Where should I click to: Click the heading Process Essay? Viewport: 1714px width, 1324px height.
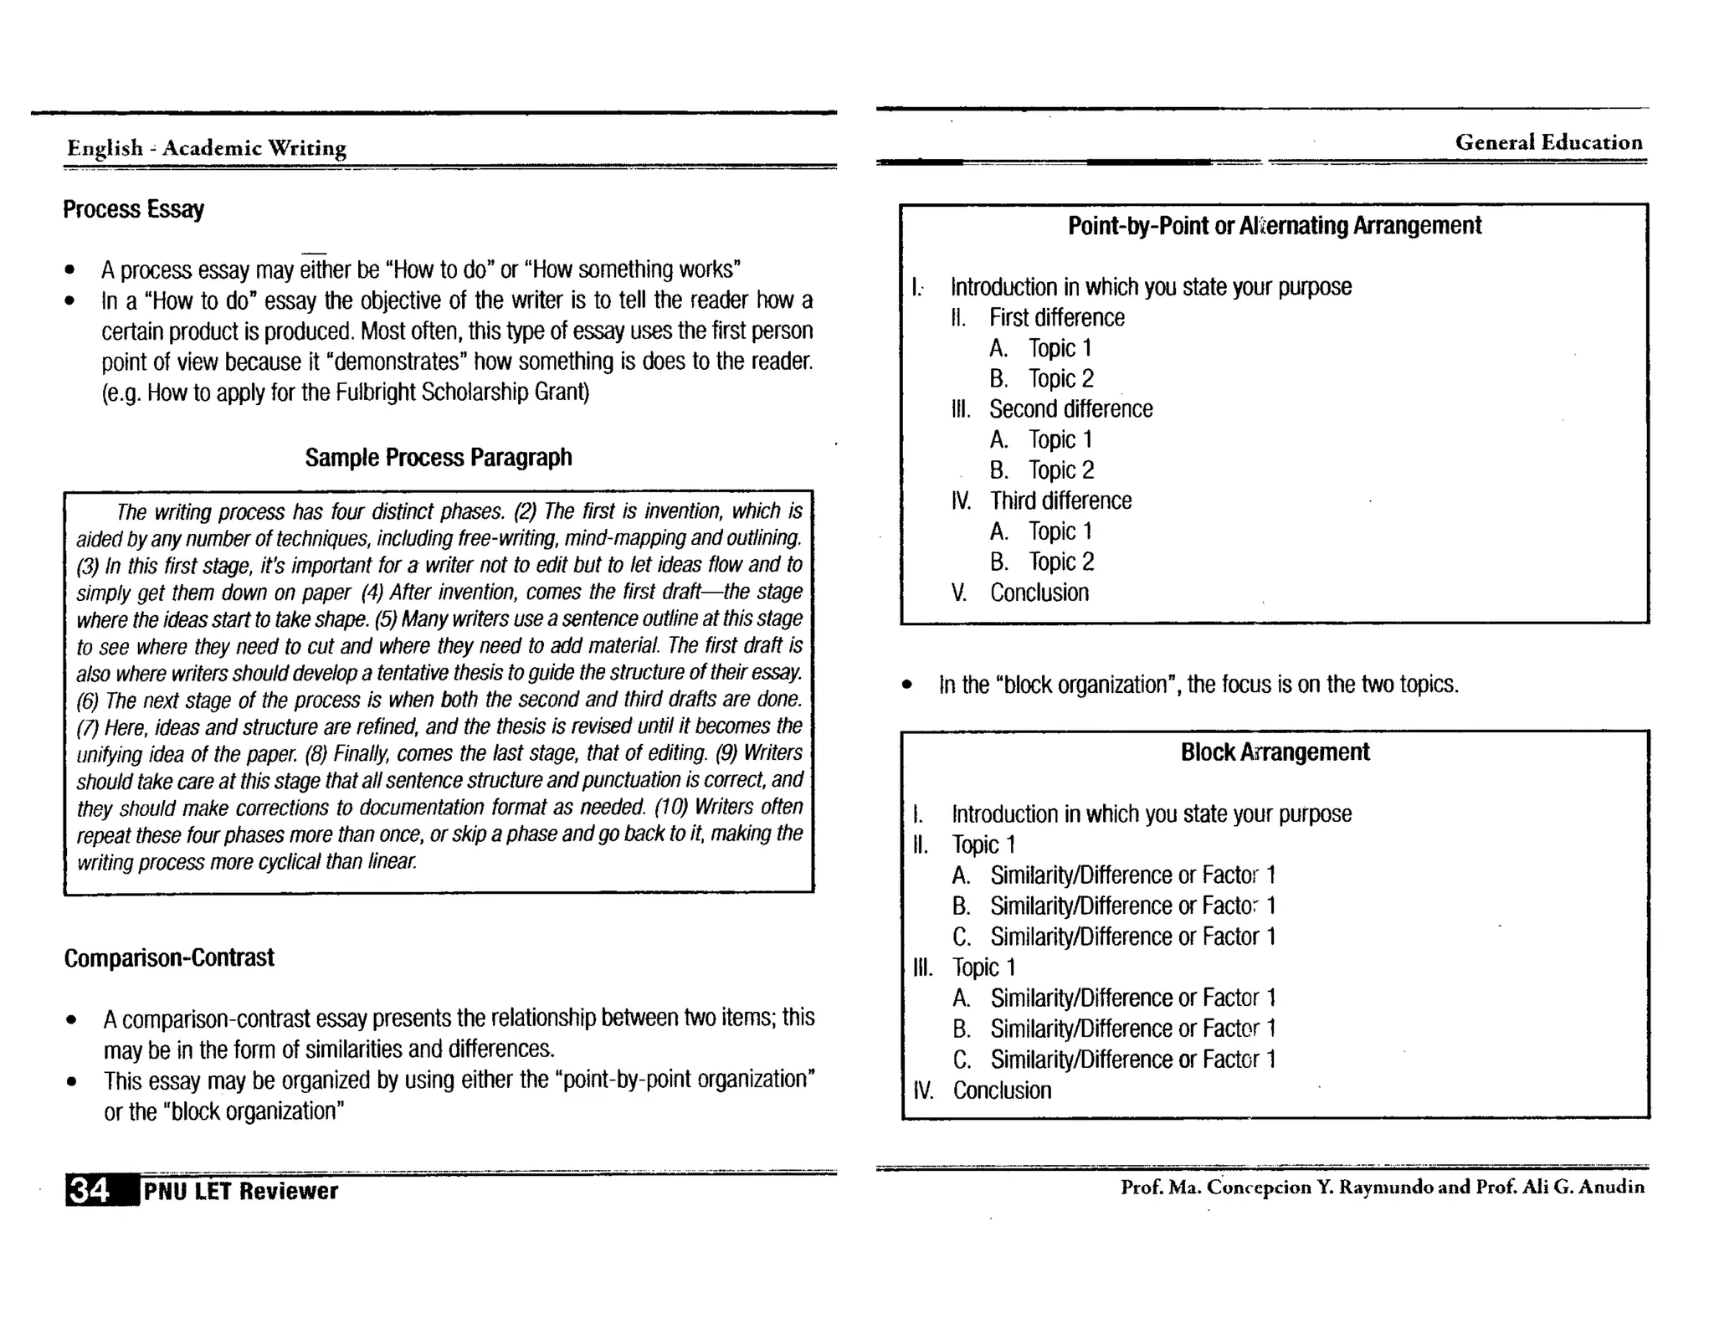133,208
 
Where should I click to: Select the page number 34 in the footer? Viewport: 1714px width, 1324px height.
89,1190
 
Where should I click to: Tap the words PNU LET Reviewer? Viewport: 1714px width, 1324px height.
241,1191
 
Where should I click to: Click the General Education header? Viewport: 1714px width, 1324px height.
1548,142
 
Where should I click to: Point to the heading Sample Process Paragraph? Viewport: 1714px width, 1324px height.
438,457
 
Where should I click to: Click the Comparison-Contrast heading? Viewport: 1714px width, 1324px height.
169,957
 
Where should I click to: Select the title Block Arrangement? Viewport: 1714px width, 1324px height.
1275,752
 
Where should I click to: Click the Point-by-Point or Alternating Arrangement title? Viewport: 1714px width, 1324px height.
1274,226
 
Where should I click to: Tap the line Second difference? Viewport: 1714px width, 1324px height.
1070,409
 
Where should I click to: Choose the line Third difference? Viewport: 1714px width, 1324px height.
1060,500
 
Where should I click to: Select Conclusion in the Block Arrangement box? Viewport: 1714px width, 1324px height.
1002,1091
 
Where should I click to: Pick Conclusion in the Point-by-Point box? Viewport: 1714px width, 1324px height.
1039,593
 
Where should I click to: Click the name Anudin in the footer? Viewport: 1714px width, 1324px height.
1611,1187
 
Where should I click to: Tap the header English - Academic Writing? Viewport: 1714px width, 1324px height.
207,148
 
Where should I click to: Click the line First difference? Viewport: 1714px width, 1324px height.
1056,318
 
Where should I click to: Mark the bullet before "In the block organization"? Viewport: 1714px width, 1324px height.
907,685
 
